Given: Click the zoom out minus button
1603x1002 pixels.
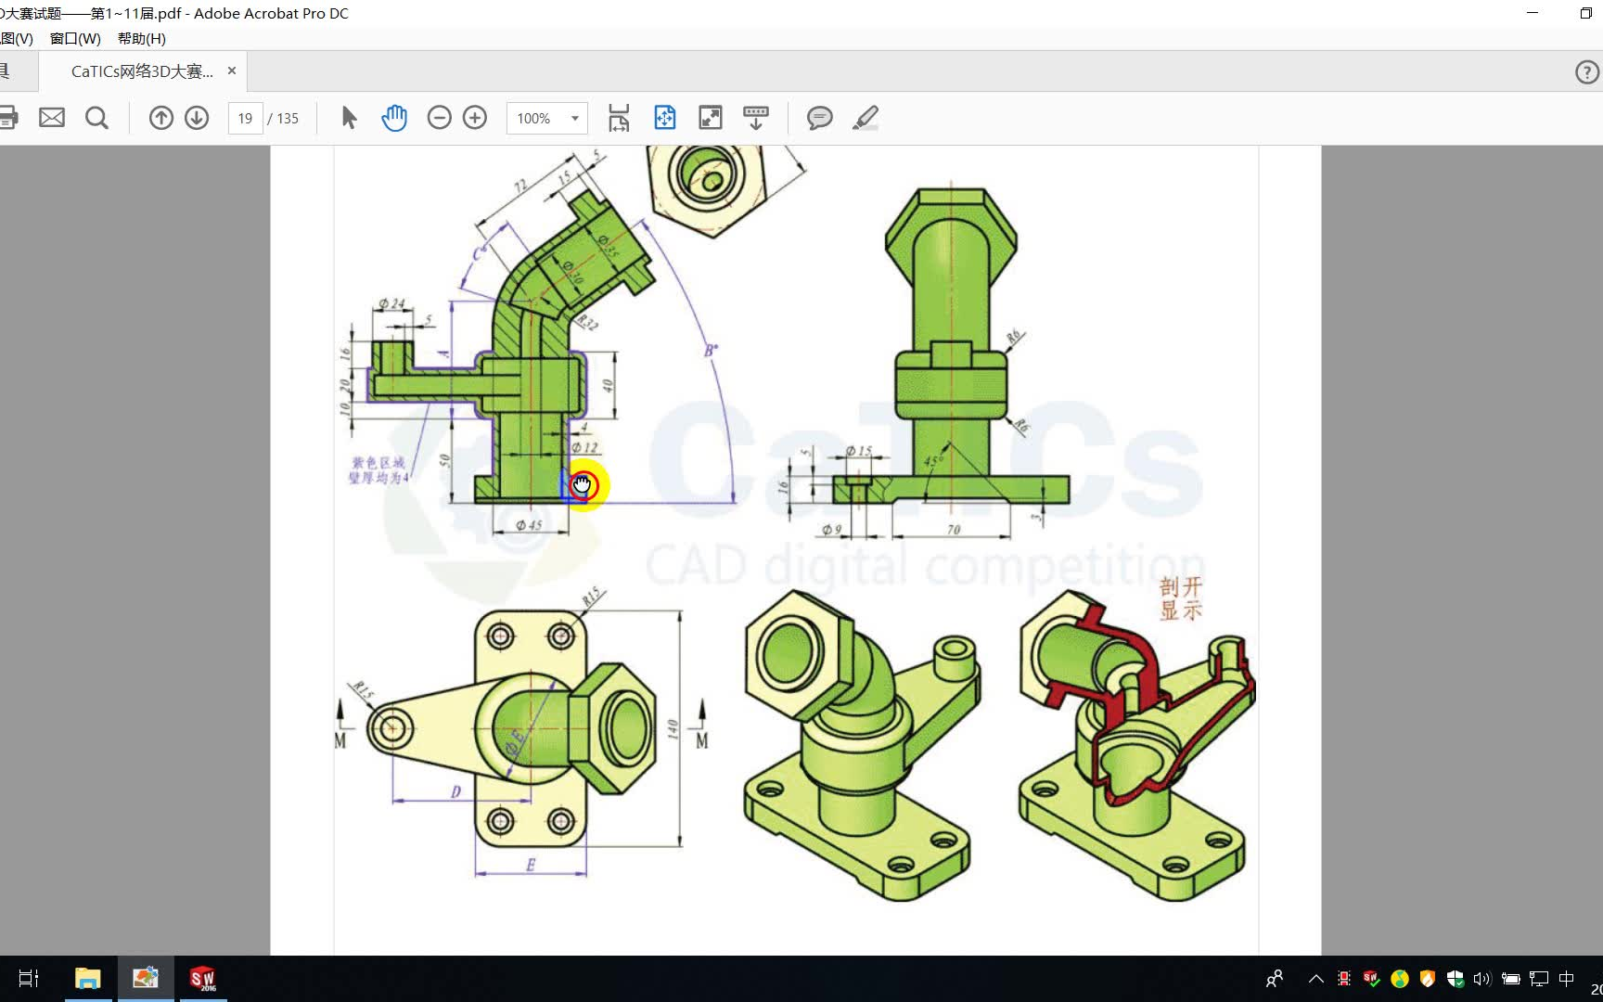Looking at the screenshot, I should tap(439, 118).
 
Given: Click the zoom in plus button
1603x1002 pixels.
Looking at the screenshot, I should tap(475, 118).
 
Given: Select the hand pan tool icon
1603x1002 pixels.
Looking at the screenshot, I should tap(394, 118).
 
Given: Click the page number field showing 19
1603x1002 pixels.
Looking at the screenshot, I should tap(245, 119).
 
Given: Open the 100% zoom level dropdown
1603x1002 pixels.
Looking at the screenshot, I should tap(574, 119).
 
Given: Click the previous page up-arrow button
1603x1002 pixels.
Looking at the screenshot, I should tap(161, 118).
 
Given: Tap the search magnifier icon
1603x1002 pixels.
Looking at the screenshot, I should tap(96, 118).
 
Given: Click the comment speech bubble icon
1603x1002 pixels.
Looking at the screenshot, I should tap(819, 118).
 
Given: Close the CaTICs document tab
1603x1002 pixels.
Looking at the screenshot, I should tap(232, 71).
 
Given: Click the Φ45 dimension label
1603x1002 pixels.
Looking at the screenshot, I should tap(529, 525).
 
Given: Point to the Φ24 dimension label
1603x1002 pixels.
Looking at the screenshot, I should tap(391, 303).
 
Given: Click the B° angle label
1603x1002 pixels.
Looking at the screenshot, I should tap(711, 351).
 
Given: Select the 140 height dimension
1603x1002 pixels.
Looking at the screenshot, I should tap(672, 729).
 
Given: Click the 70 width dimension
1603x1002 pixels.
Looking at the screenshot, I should tap(954, 530).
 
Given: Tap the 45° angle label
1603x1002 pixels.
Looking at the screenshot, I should tap(932, 460).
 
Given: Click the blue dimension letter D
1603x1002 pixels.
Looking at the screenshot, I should tap(455, 791).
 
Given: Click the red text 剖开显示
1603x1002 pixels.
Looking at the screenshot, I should tap(1180, 598).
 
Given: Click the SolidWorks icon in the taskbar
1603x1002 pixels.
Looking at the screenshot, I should tap(202, 979).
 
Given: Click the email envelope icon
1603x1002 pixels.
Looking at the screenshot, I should tap(52, 118).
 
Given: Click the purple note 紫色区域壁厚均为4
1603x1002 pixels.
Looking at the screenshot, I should tap(378, 469).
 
